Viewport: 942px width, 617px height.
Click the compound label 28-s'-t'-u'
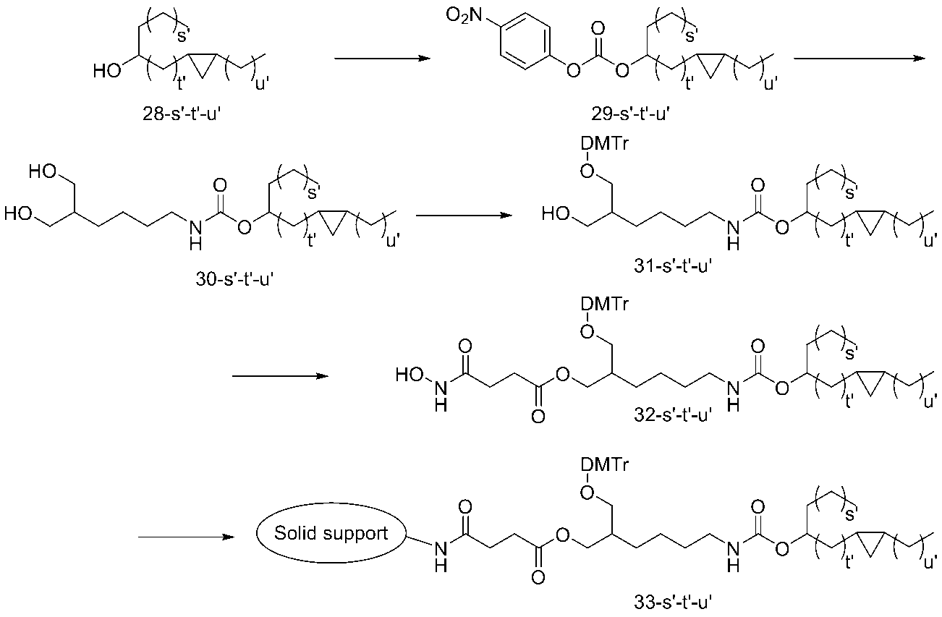pos(182,114)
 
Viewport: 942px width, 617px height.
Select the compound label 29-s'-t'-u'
pos(630,114)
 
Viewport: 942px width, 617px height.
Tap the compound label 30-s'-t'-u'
pos(234,279)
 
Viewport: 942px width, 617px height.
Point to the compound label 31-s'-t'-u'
pos(673,266)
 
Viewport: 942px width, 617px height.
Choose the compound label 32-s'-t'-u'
pos(673,415)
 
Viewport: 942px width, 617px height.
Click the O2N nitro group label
pos(464,16)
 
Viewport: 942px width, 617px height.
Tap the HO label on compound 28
pos(107,71)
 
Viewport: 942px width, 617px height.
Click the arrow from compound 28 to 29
pos(382,59)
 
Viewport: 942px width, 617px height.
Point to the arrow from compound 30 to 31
pos(464,216)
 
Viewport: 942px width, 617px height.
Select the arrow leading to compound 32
pos(281,376)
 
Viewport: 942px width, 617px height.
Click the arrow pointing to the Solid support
pos(186,537)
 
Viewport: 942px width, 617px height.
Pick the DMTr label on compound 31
pos(605,144)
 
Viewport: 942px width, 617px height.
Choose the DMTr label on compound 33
pos(605,465)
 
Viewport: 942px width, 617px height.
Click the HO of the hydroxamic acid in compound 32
pos(410,374)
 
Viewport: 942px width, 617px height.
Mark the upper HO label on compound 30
pos(43,171)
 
